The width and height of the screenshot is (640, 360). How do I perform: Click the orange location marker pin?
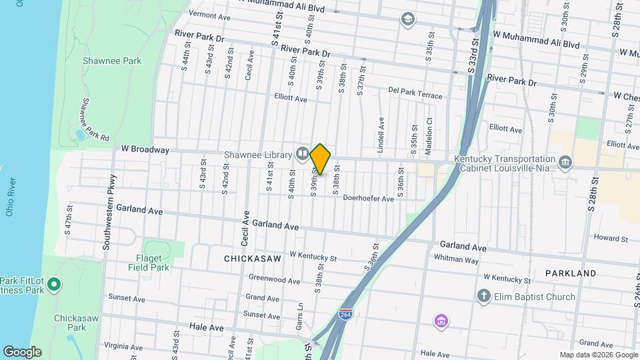tap(320, 159)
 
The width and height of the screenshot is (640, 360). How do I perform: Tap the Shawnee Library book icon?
tap(303, 154)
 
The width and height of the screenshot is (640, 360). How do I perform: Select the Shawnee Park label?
tap(112, 61)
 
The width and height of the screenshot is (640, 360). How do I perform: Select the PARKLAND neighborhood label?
tap(570, 273)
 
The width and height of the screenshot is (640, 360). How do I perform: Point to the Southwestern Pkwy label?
tap(109, 212)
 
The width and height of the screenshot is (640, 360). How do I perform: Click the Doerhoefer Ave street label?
tap(368, 198)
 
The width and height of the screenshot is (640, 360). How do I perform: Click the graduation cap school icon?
tap(407, 19)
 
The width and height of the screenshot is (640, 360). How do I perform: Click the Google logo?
tap(23, 351)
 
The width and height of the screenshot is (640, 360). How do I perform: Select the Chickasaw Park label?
tap(76, 323)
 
